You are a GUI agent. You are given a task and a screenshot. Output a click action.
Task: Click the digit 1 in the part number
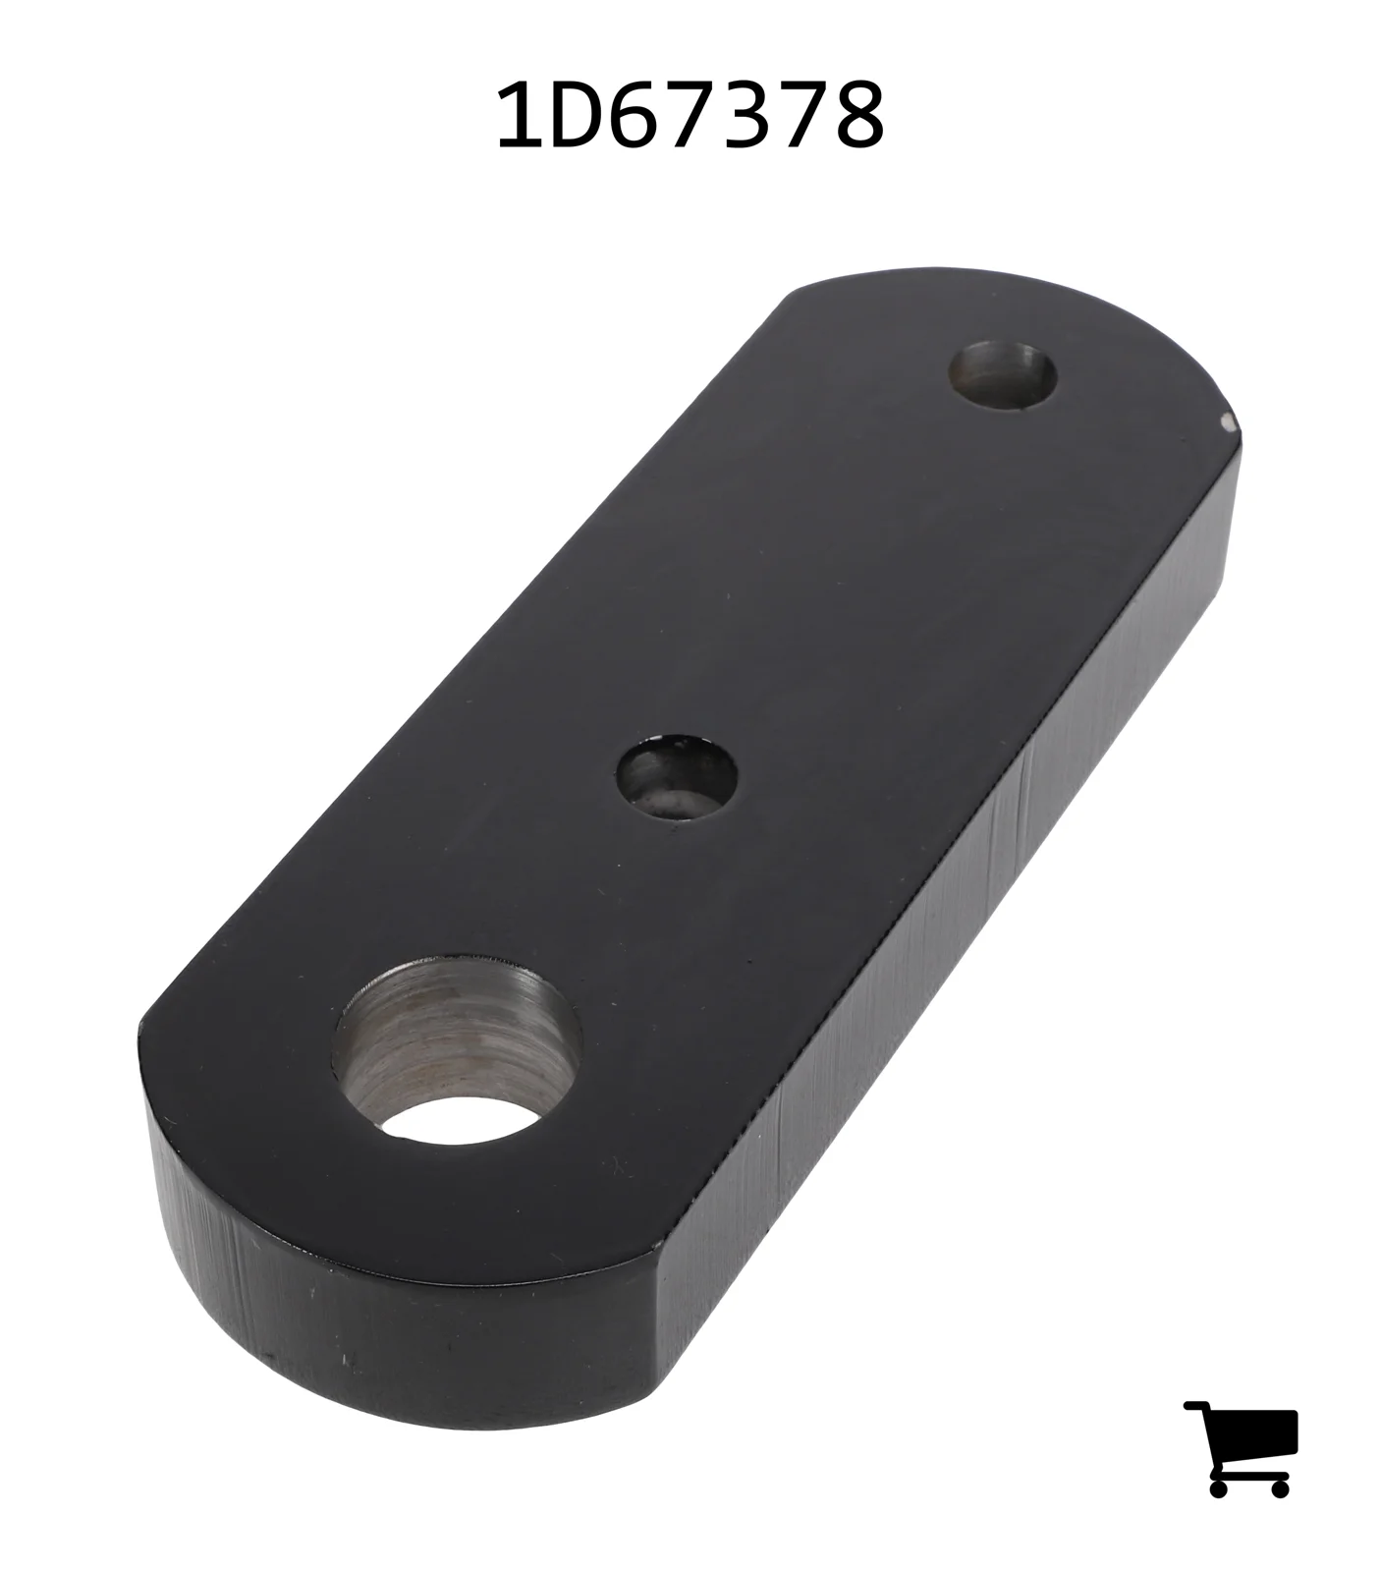(x=519, y=116)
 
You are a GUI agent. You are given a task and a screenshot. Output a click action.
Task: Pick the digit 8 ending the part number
(x=856, y=116)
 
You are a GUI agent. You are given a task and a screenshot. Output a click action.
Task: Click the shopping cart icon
(x=1241, y=1448)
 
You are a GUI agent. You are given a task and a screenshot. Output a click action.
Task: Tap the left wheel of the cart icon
(x=1219, y=1487)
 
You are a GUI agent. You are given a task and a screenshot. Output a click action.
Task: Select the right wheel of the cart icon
(x=1279, y=1487)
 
